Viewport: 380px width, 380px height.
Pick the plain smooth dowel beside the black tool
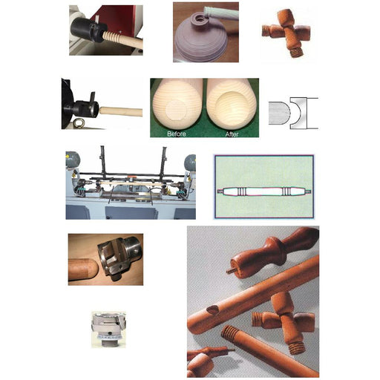pyautogui.click(x=119, y=111)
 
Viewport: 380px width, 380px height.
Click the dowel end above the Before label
pyautogui.click(x=176, y=104)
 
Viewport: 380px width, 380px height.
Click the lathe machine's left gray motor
pyautogui.click(x=73, y=159)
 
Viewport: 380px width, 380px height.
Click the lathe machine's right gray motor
pyautogui.click(x=190, y=161)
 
